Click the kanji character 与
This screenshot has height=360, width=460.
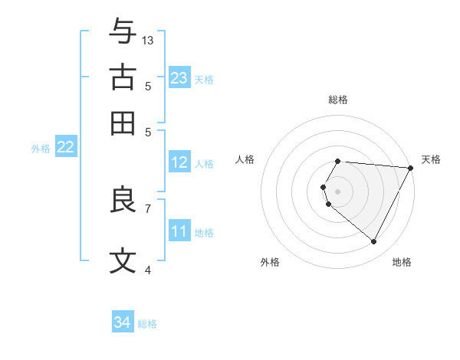[123, 32]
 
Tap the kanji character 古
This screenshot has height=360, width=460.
[123, 78]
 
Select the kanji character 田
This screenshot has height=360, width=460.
[123, 123]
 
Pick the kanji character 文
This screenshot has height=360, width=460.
[123, 261]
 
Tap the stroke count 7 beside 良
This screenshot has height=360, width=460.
[148, 208]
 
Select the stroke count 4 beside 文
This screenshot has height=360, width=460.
[148, 270]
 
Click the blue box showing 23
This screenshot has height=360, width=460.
[179, 77]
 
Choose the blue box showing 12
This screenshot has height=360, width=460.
[179, 162]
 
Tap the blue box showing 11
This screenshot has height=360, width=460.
[179, 231]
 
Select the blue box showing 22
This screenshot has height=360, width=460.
[65, 148]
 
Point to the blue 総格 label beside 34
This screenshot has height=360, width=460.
[147, 324]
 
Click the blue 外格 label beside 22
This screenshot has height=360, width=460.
[40, 149]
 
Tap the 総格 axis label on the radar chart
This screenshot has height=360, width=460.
[338, 100]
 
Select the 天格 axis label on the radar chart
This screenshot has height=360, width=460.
[431, 159]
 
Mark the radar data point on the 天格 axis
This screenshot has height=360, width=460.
[411, 168]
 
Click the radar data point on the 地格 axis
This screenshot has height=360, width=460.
[374, 242]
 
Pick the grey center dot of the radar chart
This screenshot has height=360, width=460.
[338, 191]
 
